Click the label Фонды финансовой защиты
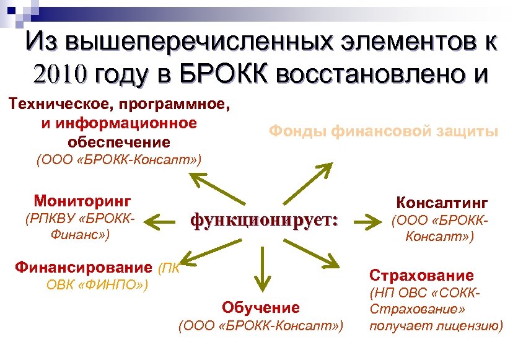tap(383, 131)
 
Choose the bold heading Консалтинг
tap(442, 203)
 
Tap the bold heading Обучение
tap(260, 307)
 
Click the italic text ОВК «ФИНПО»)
tap(97, 286)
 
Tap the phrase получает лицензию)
tap(436, 326)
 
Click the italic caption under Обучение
tap(260, 326)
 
